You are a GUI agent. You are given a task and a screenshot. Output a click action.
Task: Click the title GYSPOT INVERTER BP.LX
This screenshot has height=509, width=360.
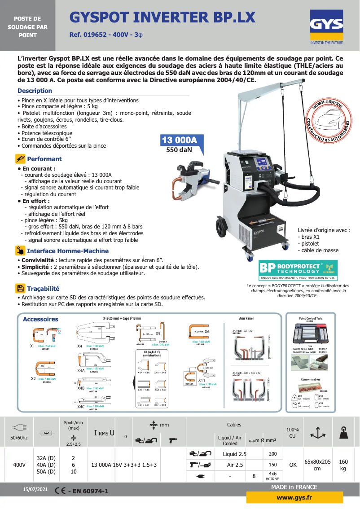[x=162, y=18]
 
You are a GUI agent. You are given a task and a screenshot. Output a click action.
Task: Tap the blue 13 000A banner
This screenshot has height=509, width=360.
[x=182, y=140]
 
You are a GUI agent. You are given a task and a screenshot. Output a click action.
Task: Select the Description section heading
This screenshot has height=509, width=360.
[x=35, y=91]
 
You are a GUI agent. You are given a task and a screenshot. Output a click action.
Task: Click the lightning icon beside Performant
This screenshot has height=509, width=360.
[x=20, y=159]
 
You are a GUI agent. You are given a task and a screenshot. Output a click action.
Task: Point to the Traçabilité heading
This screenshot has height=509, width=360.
[x=43, y=289]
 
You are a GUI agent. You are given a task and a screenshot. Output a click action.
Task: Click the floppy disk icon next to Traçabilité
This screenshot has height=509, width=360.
[x=20, y=289]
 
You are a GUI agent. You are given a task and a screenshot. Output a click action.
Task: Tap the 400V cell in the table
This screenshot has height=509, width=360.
[x=19, y=465]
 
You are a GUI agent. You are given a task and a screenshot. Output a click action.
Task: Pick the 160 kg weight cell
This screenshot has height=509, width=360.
[x=343, y=465]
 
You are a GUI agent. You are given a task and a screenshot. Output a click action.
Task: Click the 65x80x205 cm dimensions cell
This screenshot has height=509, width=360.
[x=317, y=465]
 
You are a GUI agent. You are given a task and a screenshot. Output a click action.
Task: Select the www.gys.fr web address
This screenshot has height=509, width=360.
[x=294, y=497]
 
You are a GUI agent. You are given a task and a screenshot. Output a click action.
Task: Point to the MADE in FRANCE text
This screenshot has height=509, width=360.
[x=294, y=487]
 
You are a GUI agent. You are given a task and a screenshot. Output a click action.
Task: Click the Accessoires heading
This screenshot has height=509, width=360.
[x=40, y=319]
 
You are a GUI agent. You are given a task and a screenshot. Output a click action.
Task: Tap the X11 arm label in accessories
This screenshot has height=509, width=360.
[x=202, y=380]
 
